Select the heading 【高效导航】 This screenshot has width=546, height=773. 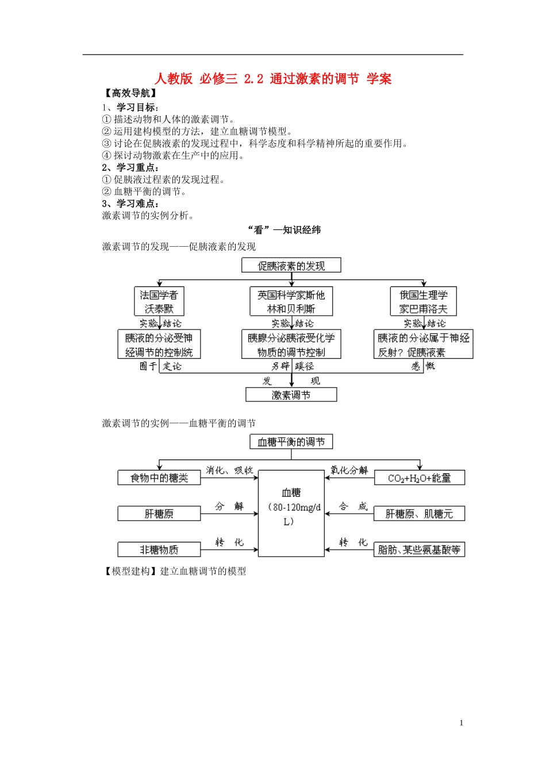130,93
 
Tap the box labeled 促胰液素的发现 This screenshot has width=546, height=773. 291,266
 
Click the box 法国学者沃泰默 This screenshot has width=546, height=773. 159,302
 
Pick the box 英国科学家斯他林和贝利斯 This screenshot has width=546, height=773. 291,302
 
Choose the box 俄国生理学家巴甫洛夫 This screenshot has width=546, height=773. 424,302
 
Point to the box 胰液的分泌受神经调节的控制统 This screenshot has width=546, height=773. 159,345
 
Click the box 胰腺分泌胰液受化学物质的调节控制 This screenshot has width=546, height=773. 291,345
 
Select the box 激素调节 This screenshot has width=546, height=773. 291,395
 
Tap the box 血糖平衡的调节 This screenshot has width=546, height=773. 291,442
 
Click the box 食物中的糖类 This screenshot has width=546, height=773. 159,478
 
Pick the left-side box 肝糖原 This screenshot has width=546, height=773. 159,514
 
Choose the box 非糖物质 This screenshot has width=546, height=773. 159,550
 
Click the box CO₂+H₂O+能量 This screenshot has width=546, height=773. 420,478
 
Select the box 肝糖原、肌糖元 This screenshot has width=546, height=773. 420,514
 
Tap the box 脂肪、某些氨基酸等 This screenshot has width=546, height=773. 420,550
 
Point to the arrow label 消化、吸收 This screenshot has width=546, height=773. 229,470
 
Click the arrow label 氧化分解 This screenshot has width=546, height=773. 349,470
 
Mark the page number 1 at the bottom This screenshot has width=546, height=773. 461,723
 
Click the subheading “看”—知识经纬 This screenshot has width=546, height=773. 284,230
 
